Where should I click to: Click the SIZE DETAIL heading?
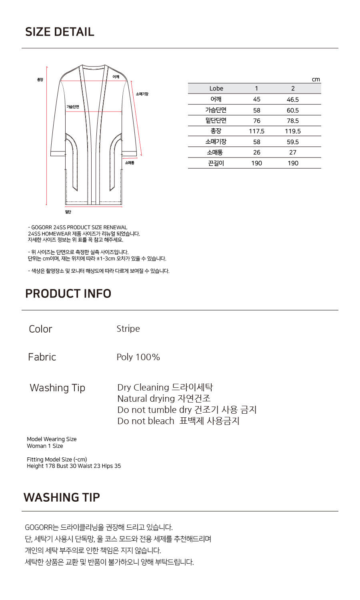click(60, 32)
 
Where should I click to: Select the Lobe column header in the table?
click(216, 88)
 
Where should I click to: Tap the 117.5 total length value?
click(256, 131)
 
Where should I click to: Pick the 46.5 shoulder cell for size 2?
click(293, 100)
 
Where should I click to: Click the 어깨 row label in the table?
click(216, 99)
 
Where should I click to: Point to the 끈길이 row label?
click(216, 163)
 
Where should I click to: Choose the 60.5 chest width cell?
click(293, 110)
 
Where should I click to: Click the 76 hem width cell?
click(256, 121)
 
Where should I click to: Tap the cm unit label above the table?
click(316, 80)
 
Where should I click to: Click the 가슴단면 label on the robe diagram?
click(73, 107)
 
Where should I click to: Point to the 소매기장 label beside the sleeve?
click(142, 94)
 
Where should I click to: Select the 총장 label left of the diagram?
click(40, 80)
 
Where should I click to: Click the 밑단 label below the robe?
click(68, 212)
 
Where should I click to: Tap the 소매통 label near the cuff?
click(130, 163)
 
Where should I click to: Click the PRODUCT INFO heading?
click(68, 293)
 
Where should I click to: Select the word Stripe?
click(128, 329)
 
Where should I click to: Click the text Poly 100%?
click(138, 357)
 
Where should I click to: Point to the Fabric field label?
click(42, 357)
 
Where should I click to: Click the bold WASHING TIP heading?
click(62, 497)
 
